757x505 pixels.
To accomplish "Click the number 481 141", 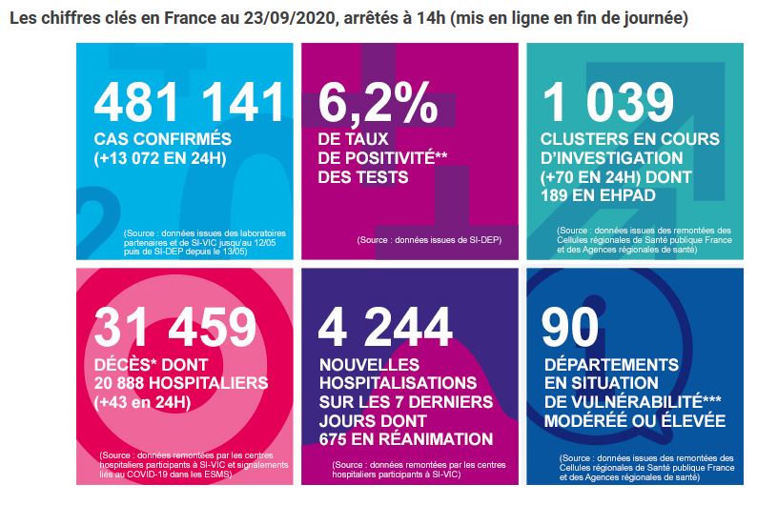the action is (x=189, y=102).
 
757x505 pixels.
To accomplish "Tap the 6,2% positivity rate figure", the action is (x=378, y=102).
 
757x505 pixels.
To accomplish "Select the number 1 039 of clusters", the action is (x=608, y=102).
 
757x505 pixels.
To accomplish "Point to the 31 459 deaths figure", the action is (x=174, y=327).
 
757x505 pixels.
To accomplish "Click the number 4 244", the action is (x=385, y=327).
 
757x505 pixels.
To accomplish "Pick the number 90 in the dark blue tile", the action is (x=570, y=327).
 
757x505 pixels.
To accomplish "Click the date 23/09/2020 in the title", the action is (x=289, y=18).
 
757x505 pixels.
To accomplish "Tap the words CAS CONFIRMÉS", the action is (x=163, y=139).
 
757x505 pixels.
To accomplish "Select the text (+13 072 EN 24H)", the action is (x=160, y=158).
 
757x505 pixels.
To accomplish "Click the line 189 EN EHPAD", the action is (x=598, y=195).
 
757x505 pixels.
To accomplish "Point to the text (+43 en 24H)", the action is (x=142, y=402).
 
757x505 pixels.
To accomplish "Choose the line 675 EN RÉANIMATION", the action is (x=406, y=439).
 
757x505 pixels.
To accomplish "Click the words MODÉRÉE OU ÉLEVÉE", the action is (x=635, y=420).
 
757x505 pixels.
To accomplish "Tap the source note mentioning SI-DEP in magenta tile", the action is (x=429, y=240).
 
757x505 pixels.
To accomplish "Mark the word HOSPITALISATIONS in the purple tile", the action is (x=399, y=383).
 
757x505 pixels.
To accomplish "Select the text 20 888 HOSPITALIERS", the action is (x=181, y=383).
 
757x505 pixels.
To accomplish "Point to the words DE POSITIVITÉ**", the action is (x=382, y=158).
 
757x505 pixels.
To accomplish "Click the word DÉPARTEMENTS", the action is (x=611, y=365).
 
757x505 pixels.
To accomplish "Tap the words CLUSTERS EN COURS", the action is (x=630, y=139).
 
